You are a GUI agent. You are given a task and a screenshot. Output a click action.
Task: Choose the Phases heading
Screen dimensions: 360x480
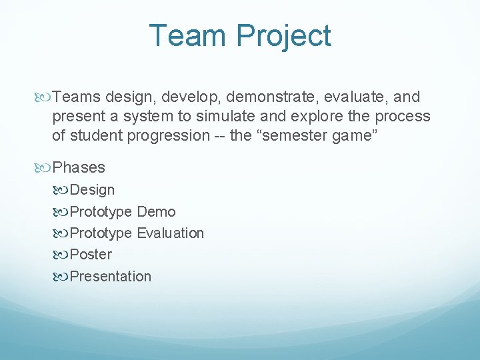(x=79, y=167)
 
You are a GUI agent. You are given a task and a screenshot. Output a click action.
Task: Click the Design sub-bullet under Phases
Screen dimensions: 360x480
(x=92, y=190)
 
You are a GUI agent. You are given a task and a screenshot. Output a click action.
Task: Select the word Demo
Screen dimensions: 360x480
(x=157, y=212)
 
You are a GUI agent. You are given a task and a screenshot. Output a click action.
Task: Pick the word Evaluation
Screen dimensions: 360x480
(x=171, y=233)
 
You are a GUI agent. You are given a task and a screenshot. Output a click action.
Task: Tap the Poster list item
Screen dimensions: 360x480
(x=91, y=255)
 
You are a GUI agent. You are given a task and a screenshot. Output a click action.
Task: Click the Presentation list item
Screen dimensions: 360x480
(x=110, y=276)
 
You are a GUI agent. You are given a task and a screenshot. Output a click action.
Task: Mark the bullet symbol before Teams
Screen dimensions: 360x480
(x=43, y=97)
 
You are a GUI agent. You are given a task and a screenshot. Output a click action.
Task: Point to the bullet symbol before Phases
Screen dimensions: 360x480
(x=43, y=167)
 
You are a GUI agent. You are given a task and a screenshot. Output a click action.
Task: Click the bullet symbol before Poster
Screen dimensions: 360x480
(x=61, y=255)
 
